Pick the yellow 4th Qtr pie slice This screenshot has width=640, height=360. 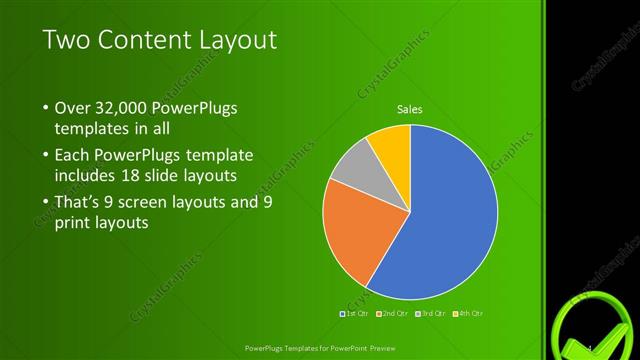pyautogui.click(x=391, y=145)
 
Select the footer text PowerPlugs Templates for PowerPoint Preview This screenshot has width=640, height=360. pyautogui.click(x=318, y=348)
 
